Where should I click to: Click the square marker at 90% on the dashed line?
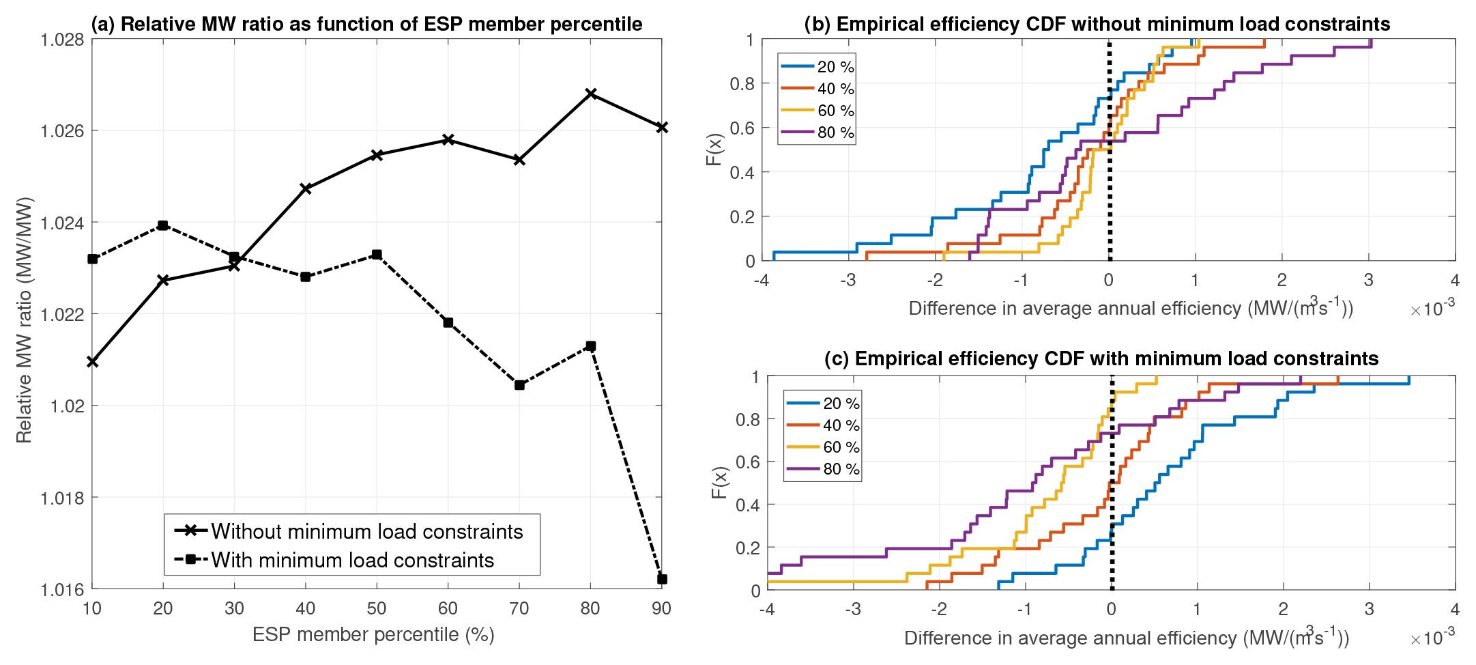[661, 579]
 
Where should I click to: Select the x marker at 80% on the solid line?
[591, 94]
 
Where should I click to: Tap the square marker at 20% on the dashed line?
[163, 225]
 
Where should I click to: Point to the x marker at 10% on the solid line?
[92, 361]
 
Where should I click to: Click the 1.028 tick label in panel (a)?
[62, 40]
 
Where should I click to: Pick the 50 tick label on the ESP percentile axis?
[377, 608]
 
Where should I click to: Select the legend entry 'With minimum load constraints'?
[352, 560]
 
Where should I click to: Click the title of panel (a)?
[366, 24]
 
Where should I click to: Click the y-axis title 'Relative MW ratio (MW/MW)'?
[24, 320]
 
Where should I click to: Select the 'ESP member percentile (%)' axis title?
[373, 634]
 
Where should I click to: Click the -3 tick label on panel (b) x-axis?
[848, 280]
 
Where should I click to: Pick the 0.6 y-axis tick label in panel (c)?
[747, 462]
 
